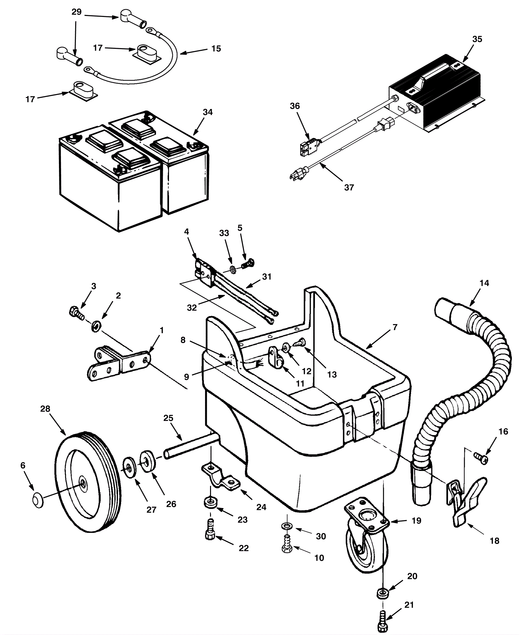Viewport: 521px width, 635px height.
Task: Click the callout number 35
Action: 477,39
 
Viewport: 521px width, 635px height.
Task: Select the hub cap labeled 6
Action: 38,500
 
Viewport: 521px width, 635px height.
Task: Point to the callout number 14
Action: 484,283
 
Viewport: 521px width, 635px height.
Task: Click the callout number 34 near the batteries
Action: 207,112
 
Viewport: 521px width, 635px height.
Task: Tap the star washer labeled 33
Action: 232,269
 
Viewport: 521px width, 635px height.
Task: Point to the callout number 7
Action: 395,327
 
